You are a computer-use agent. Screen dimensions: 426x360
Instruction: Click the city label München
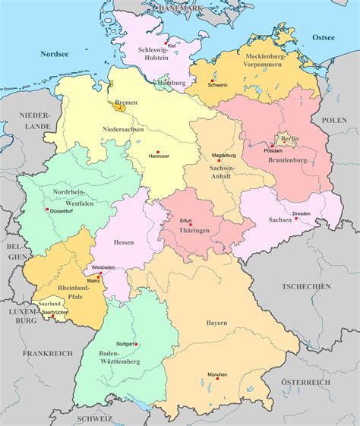point(216,374)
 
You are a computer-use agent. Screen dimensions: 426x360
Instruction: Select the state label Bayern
point(216,323)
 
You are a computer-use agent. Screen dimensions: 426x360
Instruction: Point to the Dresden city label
point(300,213)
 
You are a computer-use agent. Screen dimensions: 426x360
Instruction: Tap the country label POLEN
point(333,120)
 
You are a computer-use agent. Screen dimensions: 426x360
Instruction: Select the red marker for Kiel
point(167,45)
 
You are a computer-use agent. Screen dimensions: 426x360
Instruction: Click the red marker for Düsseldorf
point(47,209)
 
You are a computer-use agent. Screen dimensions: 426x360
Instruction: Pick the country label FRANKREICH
point(47,353)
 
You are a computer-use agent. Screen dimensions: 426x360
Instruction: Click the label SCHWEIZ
point(95,418)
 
